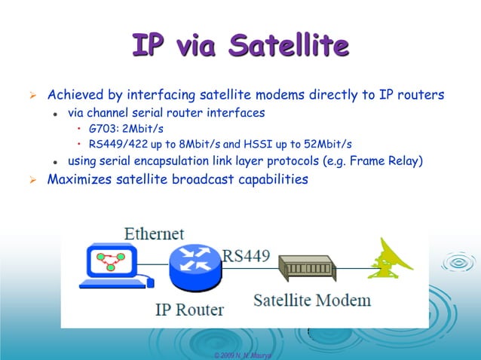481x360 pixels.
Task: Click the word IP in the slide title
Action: point(149,45)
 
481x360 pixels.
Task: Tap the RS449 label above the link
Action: point(245,255)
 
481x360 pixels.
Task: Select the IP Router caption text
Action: point(189,309)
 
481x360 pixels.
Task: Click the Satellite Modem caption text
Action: point(311,300)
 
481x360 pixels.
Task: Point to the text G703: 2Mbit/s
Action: point(126,129)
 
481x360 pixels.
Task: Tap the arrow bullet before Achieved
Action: point(32,96)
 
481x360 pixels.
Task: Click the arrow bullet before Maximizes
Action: point(32,180)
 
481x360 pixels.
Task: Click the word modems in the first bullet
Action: point(288,96)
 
